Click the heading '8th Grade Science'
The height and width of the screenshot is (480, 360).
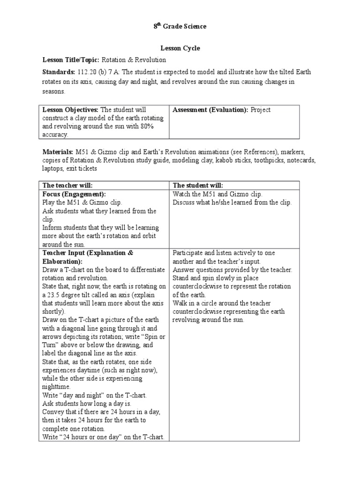(180, 27)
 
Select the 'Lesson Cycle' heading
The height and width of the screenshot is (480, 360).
(180, 48)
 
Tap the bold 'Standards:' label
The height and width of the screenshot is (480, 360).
(59, 72)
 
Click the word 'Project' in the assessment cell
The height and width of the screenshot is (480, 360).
(261, 110)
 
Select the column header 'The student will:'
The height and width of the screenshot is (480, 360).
(198, 186)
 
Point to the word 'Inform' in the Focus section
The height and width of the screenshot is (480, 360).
(52, 228)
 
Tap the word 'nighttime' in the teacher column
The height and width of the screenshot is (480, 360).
(57, 387)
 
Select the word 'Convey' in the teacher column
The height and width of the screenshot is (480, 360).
(53, 412)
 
